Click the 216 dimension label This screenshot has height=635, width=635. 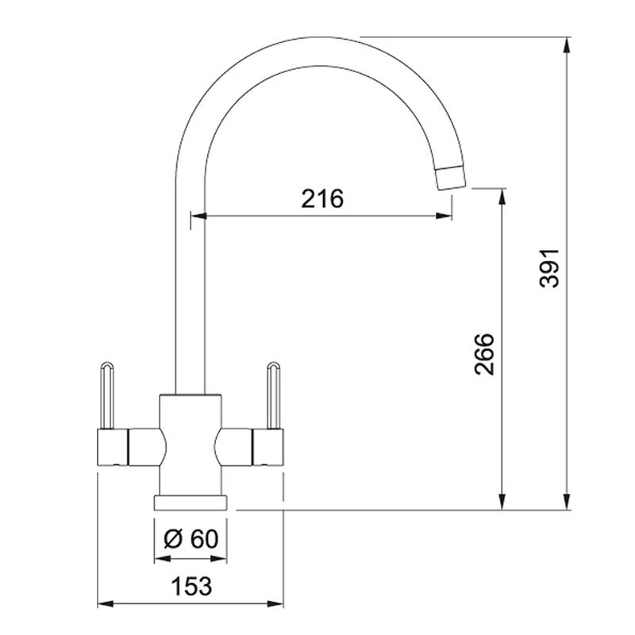322,198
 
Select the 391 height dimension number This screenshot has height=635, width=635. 549,268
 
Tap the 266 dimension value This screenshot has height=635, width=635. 484,354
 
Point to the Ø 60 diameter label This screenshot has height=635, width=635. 191,539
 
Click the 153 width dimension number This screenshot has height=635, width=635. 191,586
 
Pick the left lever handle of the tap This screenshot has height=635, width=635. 106,394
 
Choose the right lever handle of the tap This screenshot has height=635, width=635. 273,394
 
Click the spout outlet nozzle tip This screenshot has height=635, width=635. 450,177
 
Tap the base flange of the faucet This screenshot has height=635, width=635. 190,502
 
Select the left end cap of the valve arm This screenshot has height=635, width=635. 113,447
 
